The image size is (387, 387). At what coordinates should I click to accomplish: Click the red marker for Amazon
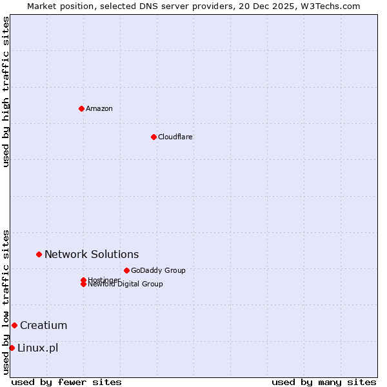click(x=81, y=108)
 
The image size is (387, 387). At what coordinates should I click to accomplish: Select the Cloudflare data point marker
click(x=154, y=137)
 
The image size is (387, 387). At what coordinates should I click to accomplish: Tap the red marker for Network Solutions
click(x=39, y=254)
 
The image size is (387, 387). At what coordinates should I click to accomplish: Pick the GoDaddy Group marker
click(x=126, y=270)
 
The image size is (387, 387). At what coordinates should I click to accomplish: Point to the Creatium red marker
click(x=14, y=325)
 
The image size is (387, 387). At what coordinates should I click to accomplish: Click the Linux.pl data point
click(x=12, y=348)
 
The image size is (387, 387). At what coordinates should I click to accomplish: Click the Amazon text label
click(x=99, y=108)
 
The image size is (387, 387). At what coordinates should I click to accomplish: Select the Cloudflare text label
click(x=175, y=137)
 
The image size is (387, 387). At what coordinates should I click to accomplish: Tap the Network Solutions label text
click(x=91, y=254)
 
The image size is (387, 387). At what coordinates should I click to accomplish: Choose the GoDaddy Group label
click(x=158, y=270)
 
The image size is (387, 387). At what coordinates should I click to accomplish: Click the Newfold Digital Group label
click(x=125, y=284)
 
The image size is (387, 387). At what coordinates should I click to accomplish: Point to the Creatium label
click(x=43, y=325)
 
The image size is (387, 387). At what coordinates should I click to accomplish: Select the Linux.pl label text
click(x=37, y=348)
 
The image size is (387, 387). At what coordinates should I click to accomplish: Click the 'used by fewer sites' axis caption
click(x=66, y=382)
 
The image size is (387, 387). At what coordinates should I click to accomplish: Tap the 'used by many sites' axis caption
click(x=324, y=382)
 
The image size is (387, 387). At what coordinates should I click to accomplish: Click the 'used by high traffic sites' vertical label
click(x=6, y=92)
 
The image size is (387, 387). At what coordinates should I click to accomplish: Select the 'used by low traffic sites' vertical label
click(x=6, y=302)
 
